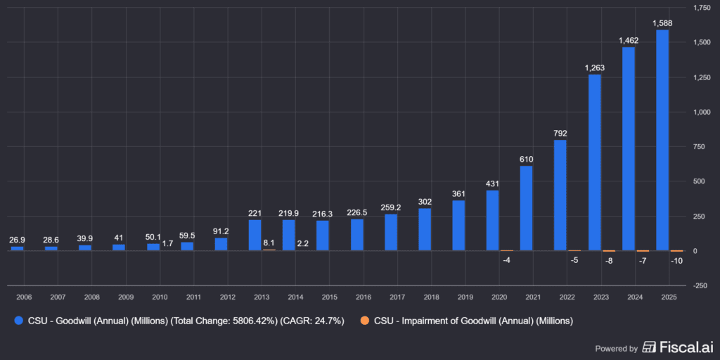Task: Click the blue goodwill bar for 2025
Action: [x=662, y=140]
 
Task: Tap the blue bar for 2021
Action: [x=526, y=208]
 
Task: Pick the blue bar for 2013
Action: [x=255, y=236]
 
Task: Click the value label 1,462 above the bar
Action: [x=628, y=41]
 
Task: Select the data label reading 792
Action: [x=560, y=133]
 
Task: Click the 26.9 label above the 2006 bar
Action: [x=18, y=240]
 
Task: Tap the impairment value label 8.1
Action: [x=269, y=243]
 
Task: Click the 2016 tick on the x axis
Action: [x=363, y=297]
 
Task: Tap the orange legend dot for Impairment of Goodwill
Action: [x=364, y=321]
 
